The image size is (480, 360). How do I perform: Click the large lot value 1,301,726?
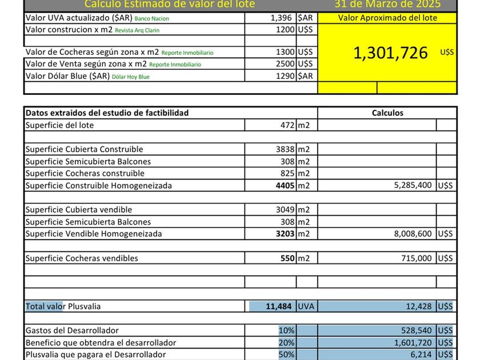click(x=390, y=53)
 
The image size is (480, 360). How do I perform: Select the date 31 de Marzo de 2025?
click(x=387, y=5)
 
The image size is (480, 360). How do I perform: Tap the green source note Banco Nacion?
click(x=151, y=18)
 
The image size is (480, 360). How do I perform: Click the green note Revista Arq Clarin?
click(x=137, y=30)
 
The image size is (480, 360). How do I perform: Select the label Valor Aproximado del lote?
click(x=387, y=18)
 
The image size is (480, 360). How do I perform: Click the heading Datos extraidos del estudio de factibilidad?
click(x=107, y=113)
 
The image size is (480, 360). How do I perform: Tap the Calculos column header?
click(x=387, y=113)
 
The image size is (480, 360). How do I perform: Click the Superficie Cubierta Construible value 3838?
click(x=285, y=149)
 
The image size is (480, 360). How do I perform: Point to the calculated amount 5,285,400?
click(x=413, y=186)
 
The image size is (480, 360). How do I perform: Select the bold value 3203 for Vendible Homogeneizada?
click(x=285, y=234)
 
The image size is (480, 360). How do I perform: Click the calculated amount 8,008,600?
click(x=413, y=234)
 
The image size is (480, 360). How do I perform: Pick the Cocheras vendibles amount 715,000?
click(x=416, y=258)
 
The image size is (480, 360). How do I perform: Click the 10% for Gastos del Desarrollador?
click(x=286, y=330)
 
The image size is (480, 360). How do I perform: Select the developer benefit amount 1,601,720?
click(x=413, y=343)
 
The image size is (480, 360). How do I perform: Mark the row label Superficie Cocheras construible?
click(x=85, y=173)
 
